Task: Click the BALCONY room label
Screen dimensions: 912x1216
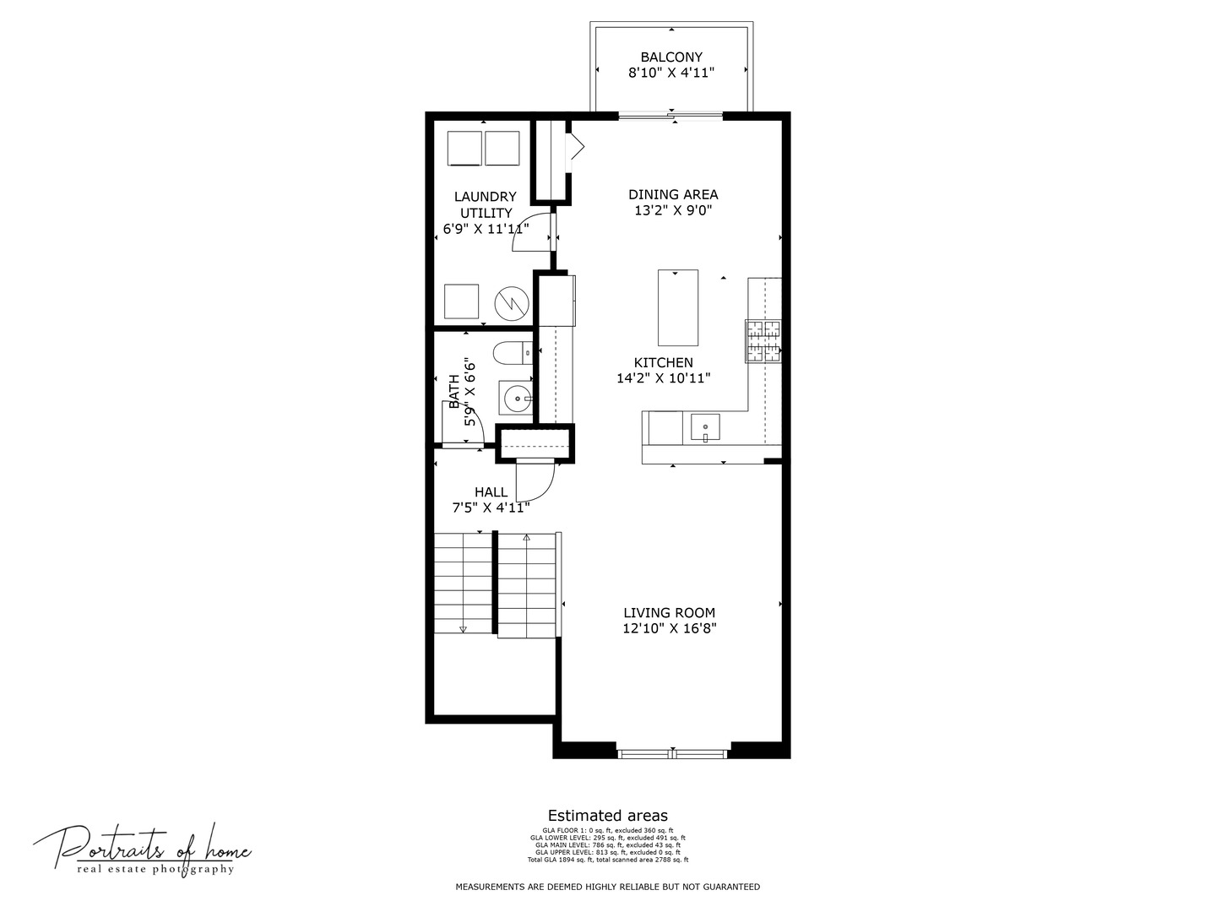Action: click(670, 57)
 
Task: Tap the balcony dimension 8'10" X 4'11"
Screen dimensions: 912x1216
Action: click(670, 73)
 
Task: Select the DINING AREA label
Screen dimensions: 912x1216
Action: click(673, 195)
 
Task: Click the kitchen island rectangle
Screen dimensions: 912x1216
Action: click(677, 307)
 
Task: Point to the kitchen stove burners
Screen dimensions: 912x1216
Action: click(763, 341)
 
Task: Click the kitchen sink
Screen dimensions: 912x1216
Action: click(705, 427)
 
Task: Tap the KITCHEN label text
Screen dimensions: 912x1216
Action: click(664, 363)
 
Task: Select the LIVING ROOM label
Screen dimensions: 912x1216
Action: click(669, 613)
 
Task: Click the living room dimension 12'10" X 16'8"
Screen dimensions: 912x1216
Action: click(669, 629)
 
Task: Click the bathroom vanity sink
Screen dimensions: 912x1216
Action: click(515, 397)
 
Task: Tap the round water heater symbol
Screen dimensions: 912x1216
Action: click(512, 303)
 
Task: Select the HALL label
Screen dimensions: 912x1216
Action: click(491, 492)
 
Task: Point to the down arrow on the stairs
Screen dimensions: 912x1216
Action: click(463, 628)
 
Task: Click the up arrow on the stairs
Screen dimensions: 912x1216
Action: click(526, 537)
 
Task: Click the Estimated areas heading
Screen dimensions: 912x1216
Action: click(607, 816)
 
